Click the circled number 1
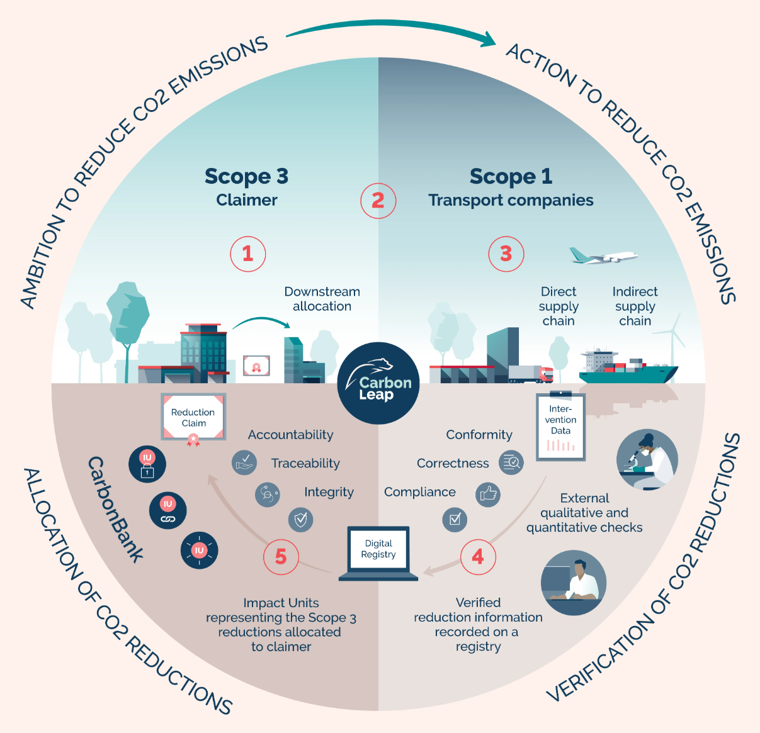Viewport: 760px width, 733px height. [248, 254]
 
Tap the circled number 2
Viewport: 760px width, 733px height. [378, 201]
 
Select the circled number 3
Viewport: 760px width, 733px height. [506, 254]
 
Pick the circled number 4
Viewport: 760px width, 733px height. [478, 557]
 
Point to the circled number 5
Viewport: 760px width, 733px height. [281, 557]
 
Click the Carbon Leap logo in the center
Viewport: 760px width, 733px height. [378, 383]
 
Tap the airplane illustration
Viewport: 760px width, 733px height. [603, 256]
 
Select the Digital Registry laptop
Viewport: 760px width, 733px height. [378, 554]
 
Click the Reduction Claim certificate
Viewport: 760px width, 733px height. [193, 418]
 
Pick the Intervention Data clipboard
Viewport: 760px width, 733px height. [560, 427]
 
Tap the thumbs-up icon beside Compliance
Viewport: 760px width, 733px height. [489, 494]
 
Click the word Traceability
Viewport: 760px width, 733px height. [305, 464]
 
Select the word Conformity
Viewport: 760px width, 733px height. [479, 435]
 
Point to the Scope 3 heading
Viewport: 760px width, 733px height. [246, 177]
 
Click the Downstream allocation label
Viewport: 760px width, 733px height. [322, 299]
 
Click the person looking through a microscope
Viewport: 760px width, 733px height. [647, 460]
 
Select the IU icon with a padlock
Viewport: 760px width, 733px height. [147, 464]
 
